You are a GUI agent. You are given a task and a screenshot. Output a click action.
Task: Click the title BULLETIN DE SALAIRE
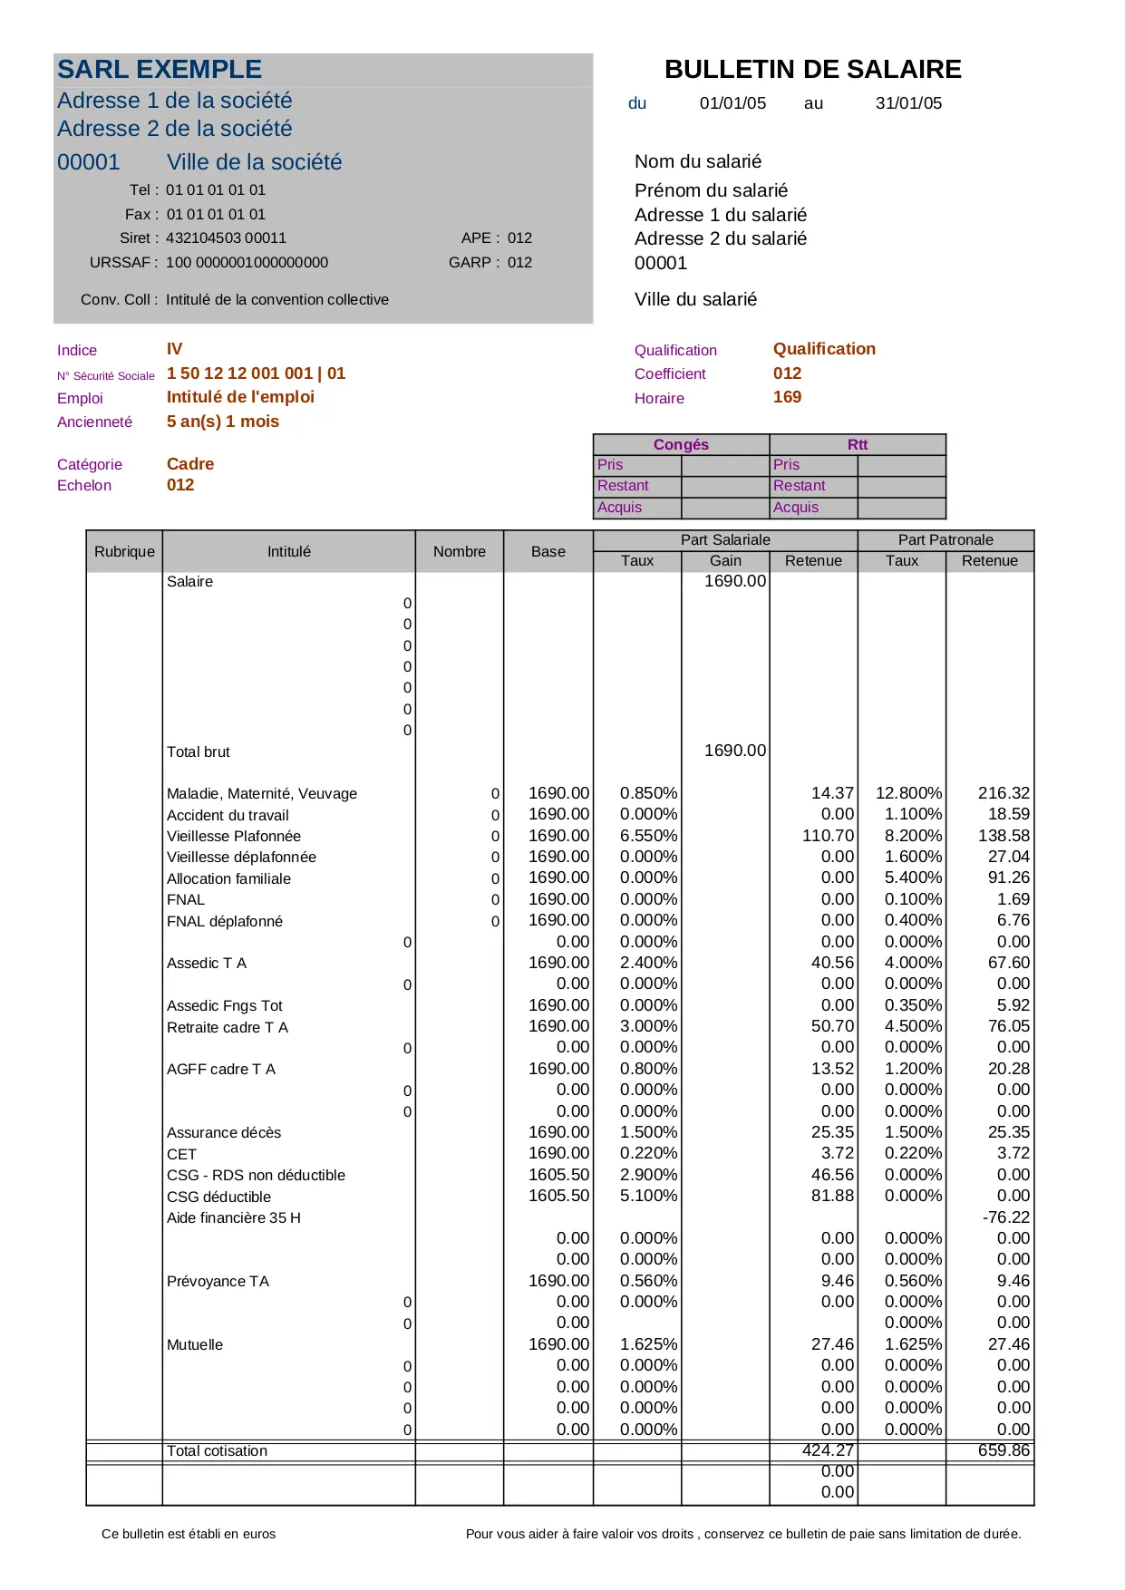tap(812, 70)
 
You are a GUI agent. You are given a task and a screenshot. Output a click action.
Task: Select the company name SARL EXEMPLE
tap(160, 70)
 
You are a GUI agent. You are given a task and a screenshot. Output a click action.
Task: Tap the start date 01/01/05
tap(732, 103)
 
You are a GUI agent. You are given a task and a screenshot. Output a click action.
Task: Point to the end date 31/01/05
tap(908, 103)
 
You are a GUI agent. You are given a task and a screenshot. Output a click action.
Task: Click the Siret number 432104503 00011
tap(226, 238)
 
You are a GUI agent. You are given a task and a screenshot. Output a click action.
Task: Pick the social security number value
tap(256, 373)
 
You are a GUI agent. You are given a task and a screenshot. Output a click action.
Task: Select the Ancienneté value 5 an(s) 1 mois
tap(223, 422)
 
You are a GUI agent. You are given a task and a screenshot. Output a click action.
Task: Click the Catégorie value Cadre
tap(190, 464)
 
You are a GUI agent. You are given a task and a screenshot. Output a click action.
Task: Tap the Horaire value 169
tap(787, 397)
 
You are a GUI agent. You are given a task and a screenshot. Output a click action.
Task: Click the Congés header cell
tap(681, 444)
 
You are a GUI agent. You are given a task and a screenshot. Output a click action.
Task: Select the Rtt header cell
tap(858, 444)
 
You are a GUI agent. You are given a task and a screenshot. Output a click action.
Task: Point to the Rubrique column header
tap(124, 551)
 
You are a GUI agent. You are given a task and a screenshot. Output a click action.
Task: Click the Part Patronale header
tap(946, 540)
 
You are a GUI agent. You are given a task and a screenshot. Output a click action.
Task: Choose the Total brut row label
tap(199, 752)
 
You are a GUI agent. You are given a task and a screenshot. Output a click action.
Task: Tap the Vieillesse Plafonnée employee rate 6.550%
tap(648, 836)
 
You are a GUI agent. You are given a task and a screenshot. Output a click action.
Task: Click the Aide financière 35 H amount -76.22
tap(1006, 1217)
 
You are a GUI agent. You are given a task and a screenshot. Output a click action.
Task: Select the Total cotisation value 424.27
tap(828, 1450)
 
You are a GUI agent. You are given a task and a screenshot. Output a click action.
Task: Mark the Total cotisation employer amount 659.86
tap(1004, 1450)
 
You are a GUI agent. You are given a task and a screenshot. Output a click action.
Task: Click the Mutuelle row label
tap(195, 1345)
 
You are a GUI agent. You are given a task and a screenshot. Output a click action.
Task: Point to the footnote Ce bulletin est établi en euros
tap(189, 1534)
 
